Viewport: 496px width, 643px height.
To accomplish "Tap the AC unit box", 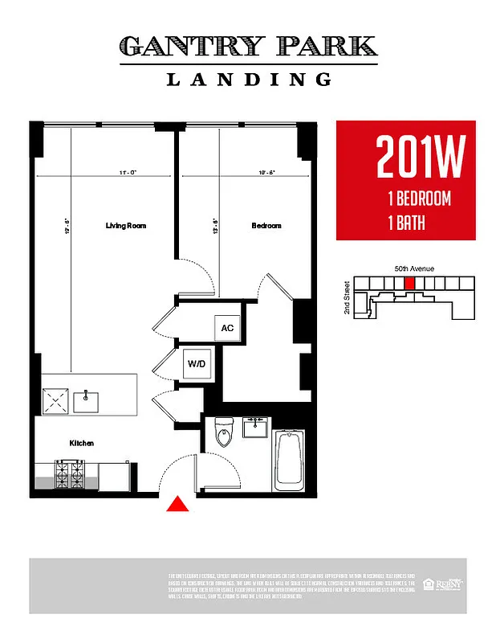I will [227, 328].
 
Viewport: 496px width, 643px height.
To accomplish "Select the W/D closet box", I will [197, 363].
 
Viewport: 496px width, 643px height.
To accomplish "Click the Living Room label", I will [126, 226].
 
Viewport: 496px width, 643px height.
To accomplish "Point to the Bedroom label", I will [266, 226].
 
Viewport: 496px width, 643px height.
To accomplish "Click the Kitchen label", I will [82, 443].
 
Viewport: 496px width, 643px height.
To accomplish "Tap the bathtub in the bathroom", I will [289, 461].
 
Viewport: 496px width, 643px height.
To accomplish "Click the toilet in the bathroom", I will [224, 434].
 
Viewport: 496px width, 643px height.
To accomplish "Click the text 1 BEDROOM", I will [418, 199].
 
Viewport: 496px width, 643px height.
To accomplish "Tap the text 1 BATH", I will [405, 222].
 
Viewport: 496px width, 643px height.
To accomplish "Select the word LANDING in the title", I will [249, 80].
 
